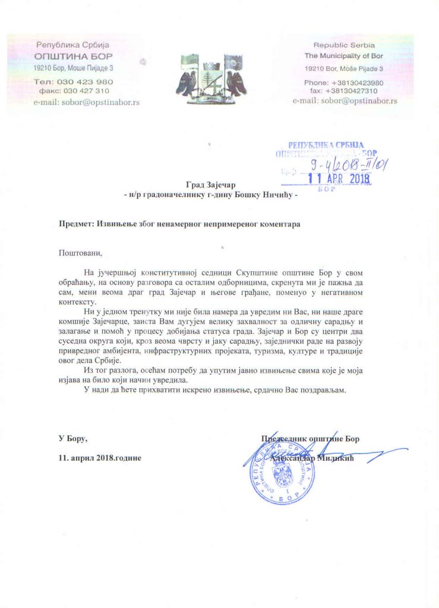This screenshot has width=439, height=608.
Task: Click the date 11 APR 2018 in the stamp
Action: pyautogui.click(x=339, y=178)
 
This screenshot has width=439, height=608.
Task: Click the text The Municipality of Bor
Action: pyautogui.click(x=346, y=56)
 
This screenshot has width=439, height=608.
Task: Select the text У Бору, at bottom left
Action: pyautogui.click(x=72, y=439)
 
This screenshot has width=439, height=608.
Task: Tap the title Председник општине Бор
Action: pyautogui.click(x=310, y=439)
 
